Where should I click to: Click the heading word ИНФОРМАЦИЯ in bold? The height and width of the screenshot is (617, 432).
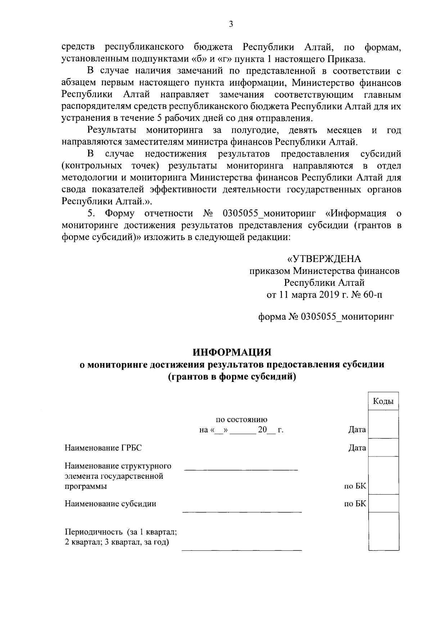point(231,352)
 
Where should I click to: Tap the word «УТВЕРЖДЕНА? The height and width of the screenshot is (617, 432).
point(324,259)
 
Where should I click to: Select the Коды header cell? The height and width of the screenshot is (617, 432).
point(383,401)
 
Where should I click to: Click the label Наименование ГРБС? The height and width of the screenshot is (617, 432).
point(103,448)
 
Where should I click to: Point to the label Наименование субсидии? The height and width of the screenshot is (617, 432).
point(110,504)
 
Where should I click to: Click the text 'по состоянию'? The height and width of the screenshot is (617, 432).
point(241,419)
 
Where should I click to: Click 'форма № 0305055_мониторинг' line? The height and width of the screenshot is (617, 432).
point(326,317)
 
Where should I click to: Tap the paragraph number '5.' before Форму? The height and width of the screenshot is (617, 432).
point(91,213)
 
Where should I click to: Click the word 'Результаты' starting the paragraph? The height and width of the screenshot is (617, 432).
point(112,130)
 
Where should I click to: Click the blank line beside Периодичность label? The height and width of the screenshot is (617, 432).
point(242,550)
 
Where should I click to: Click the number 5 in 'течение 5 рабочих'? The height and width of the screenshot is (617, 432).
point(159,118)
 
